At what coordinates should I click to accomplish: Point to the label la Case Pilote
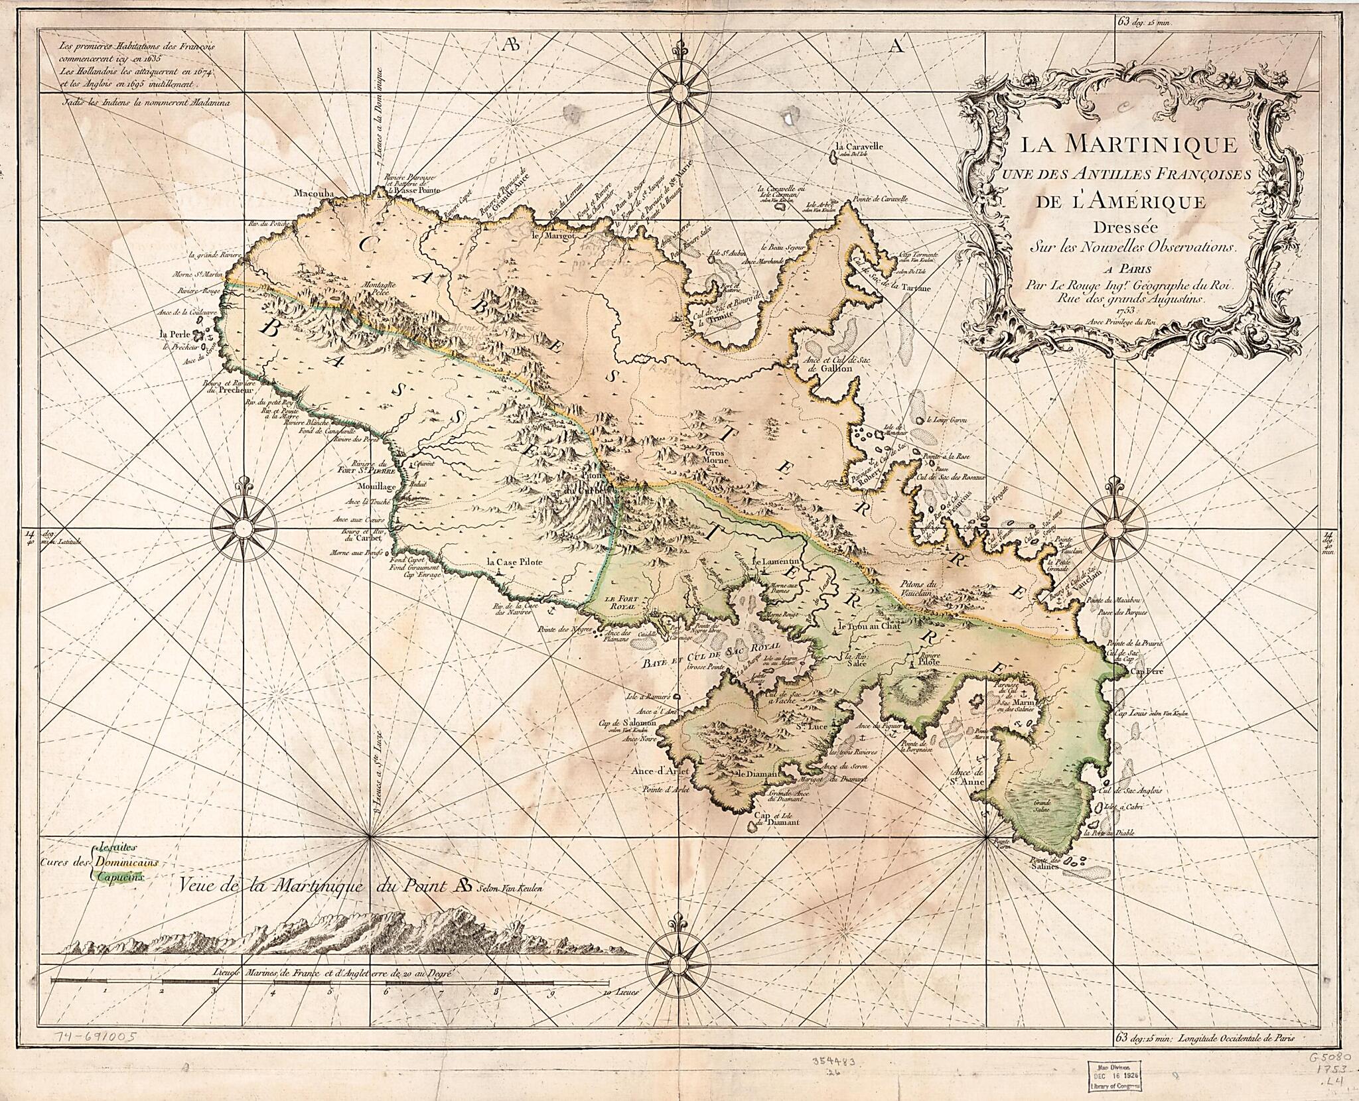[516, 562]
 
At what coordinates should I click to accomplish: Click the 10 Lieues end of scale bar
[609, 1012]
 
